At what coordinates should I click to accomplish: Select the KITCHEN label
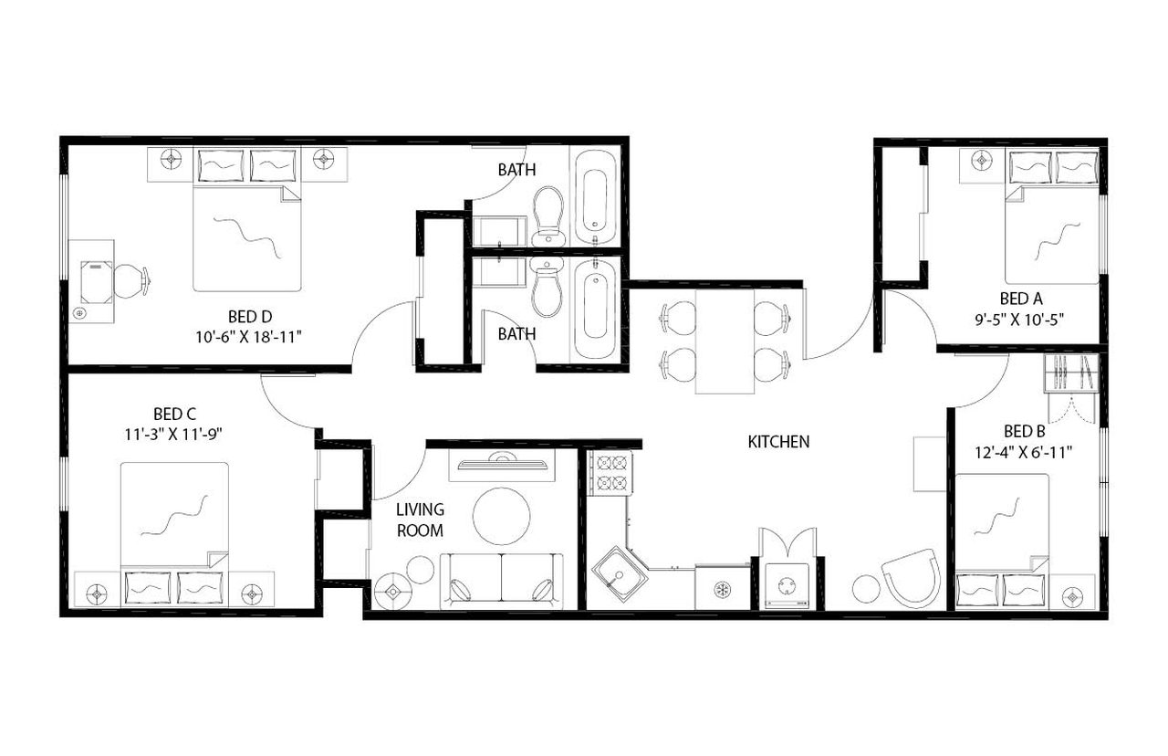coord(778,442)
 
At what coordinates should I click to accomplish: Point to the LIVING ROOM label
coord(420,520)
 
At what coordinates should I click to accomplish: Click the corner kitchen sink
coord(620,572)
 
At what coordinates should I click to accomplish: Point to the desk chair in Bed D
coord(130,281)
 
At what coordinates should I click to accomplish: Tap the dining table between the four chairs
coord(725,338)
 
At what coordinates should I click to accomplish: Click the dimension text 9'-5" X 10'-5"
coord(1020,319)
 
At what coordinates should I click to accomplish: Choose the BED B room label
coord(1024,430)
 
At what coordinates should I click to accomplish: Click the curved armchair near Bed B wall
coord(912,578)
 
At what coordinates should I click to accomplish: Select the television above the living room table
coord(501,464)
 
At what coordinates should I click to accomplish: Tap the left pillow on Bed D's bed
coord(219,166)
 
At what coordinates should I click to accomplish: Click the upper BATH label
coord(516,169)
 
